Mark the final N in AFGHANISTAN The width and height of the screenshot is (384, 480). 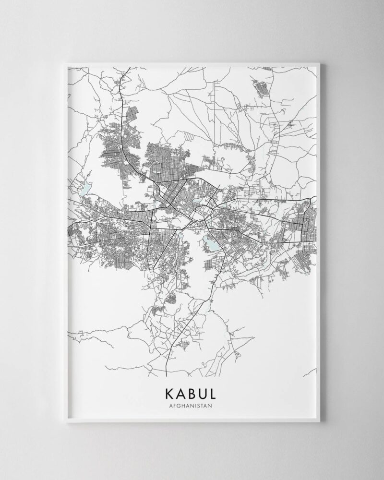(210, 405)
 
